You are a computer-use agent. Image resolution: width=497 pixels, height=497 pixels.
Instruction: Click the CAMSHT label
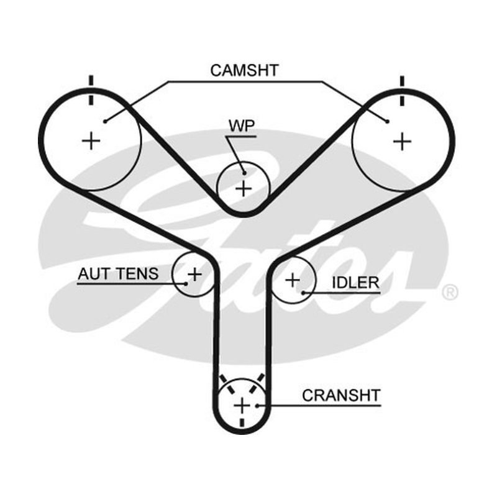(244, 70)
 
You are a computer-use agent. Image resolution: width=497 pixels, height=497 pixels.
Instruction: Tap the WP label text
(242, 126)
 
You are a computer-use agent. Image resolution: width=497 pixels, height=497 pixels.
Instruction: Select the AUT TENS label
(118, 274)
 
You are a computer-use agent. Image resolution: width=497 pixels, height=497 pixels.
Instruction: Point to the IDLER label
(355, 283)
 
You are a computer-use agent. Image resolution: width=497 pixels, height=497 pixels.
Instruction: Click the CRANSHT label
(341, 395)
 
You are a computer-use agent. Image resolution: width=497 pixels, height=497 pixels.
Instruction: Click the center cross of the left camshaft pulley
(91, 141)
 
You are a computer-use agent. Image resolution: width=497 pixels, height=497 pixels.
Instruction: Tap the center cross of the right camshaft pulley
(402, 142)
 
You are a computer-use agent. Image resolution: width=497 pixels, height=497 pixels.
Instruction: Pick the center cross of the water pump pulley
(244, 189)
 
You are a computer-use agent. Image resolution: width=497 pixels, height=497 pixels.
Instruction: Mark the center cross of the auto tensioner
(194, 275)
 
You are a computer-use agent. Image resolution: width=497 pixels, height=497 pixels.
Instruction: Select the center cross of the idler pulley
(293, 280)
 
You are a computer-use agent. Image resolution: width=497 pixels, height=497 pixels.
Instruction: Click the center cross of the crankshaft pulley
(242, 406)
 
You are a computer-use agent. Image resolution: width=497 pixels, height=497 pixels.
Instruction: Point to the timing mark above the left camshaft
(91, 90)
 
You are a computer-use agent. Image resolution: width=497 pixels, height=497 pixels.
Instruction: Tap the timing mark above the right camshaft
(402, 91)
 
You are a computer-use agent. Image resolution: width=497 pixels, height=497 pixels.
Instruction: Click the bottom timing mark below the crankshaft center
(242, 422)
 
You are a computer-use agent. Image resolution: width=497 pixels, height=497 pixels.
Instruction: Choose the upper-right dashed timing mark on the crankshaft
(257, 383)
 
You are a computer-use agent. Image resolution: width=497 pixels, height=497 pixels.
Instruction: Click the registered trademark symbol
(450, 292)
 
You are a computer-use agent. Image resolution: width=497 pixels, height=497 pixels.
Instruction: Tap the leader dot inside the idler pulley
(303, 293)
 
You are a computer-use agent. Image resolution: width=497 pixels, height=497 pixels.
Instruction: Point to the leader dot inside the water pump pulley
(244, 173)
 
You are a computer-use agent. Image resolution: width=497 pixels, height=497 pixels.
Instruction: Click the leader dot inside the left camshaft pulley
(105, 121)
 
